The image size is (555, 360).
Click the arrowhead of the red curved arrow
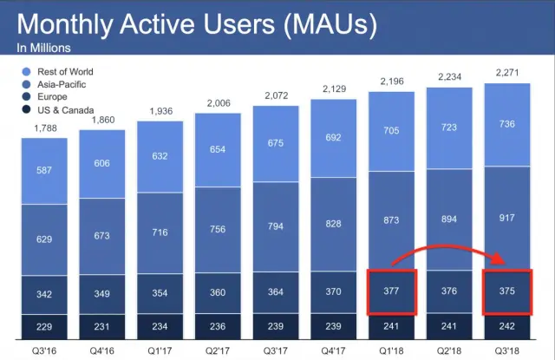[502, 260]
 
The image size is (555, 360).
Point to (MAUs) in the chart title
[324, 23]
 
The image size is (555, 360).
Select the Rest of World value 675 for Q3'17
[275, 143]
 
